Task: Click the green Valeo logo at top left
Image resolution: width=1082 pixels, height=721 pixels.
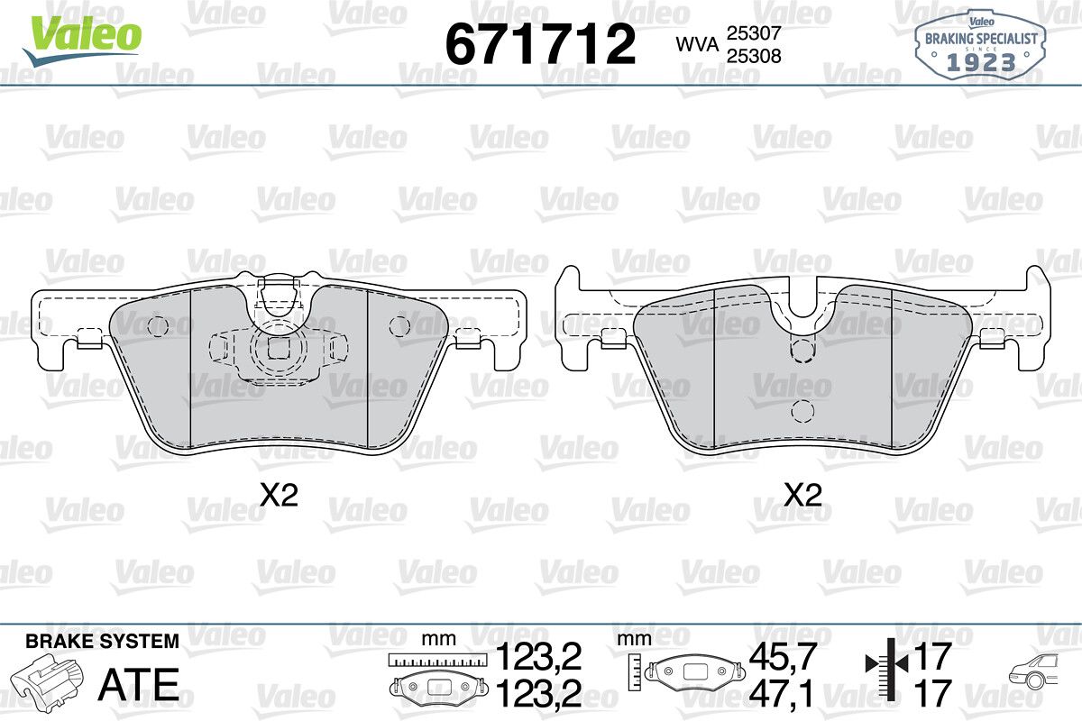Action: click(82, 40)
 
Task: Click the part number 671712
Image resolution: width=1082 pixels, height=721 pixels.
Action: click(540, 44)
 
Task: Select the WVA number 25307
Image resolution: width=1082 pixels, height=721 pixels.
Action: click(754, 32)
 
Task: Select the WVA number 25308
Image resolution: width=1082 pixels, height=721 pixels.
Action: click(754, 56)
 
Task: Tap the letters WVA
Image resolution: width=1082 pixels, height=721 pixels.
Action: click(698, 45)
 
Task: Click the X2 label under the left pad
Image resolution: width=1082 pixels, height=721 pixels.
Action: click(279, 496)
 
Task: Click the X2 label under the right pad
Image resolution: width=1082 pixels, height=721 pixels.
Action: click(802, 496)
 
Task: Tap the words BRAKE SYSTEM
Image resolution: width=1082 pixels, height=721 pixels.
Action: click(102, 641)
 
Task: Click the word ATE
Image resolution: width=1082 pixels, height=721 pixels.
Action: click(139, 684)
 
